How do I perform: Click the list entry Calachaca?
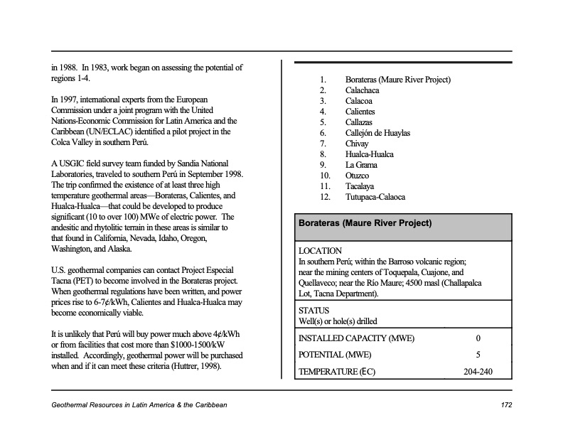[362, 90]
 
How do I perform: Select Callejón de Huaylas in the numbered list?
[377, 133]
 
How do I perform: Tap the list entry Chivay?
[357, 144]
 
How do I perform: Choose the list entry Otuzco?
[358, 176]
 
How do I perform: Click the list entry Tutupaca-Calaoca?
[375, 197]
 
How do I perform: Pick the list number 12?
[326, 197]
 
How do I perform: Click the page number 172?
[506, 405]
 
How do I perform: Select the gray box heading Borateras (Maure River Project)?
[365, 222]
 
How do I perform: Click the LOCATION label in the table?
[320, 251]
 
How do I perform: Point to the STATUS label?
[314, 311]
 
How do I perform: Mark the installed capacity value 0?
[478, 338]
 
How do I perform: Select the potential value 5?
[478, 355]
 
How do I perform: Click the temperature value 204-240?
[478, 372]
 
